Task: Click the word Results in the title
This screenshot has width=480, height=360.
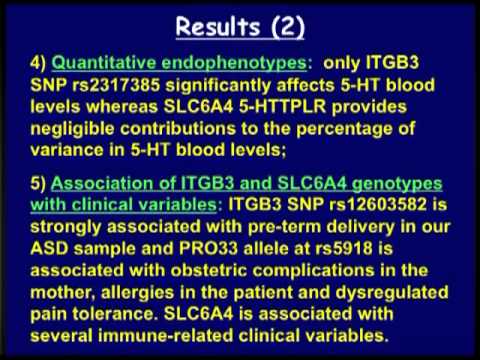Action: [x=218, y=27]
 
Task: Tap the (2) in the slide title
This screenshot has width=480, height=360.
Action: [x=287, y=27]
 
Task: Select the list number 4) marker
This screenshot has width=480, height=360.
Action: [x=38, y=63]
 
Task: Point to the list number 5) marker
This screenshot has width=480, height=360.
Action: [x=38, y=184]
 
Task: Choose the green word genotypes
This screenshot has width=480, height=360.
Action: [x=397, y=184]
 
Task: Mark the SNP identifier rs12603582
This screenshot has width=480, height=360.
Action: [x=378, y=204]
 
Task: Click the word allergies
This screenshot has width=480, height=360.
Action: [x=137, y=293]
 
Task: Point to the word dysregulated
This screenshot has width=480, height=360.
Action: [x=392, y=293]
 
